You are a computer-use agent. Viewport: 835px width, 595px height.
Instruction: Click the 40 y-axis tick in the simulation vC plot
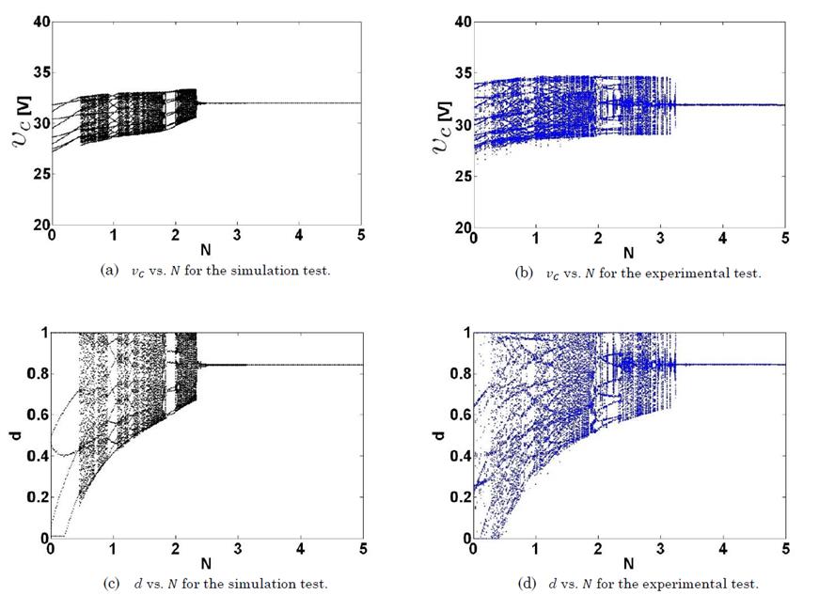point(39,22)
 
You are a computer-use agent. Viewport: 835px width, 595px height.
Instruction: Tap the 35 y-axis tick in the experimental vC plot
point(461,72)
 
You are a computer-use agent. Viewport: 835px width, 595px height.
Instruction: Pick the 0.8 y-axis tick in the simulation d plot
point(38,374)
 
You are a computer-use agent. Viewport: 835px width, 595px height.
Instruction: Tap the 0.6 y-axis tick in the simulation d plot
point(38,415)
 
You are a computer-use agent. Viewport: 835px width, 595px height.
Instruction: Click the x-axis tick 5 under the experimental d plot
point(785,550)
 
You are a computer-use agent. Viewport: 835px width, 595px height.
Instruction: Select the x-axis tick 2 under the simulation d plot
point(175,550)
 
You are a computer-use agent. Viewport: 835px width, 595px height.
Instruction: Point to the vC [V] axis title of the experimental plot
point(443,123)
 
